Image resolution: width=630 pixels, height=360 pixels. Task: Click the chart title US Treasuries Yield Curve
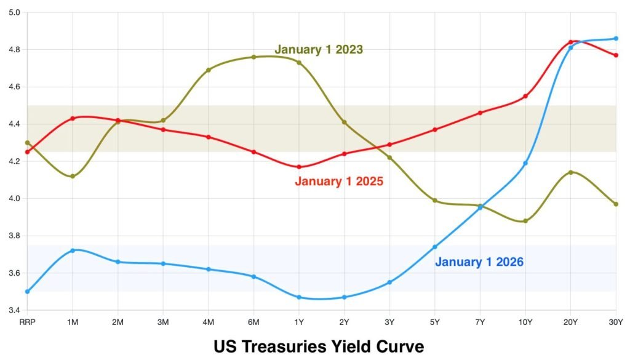[x=319, y=346]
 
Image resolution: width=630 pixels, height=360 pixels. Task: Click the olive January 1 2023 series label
[x=319, y=49]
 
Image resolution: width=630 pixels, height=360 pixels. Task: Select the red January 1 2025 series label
[x=339, y=182]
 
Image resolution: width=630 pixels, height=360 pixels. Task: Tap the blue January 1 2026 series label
[x=479, y=262]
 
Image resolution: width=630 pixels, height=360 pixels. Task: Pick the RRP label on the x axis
[x=28, y=321]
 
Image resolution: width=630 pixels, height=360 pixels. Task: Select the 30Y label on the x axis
[x=615, y=321]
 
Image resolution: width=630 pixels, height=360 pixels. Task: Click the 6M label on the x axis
[x=253, y=321]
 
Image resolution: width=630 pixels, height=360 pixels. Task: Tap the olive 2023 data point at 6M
[x=253, y=57]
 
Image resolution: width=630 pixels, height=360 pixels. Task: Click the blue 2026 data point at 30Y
[x=616, y=38]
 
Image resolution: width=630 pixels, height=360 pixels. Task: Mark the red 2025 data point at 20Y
[x=571, y=42]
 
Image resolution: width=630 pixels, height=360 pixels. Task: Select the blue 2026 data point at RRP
[x=28, y=292]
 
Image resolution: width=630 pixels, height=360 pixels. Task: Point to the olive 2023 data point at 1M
[x=73, y=177]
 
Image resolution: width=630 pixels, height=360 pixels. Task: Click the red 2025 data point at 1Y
[x=299, y=167]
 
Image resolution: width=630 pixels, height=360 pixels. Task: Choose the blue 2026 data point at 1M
[x=73, y=250]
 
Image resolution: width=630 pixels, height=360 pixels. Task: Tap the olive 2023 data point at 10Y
[x=525, y=221]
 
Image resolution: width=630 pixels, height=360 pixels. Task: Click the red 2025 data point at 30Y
[x=616, y=55]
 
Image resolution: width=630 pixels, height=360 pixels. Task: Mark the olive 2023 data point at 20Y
[x=571, y=172]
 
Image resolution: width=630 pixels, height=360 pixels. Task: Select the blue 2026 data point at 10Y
[x=525, y=163]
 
